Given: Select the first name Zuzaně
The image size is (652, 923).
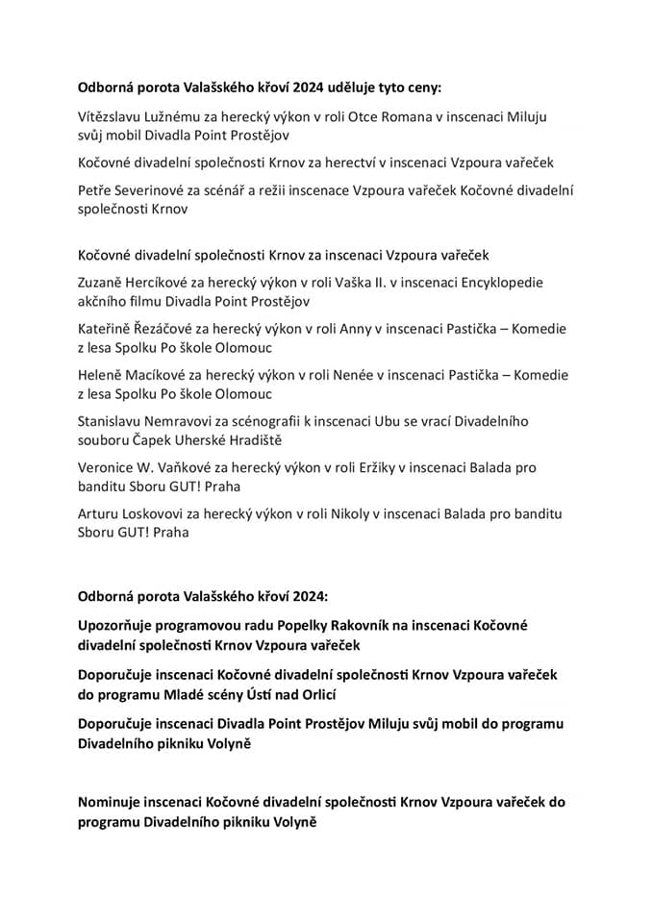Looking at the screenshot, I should [103, 283].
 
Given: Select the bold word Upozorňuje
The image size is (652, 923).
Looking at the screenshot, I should [119, 625].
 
